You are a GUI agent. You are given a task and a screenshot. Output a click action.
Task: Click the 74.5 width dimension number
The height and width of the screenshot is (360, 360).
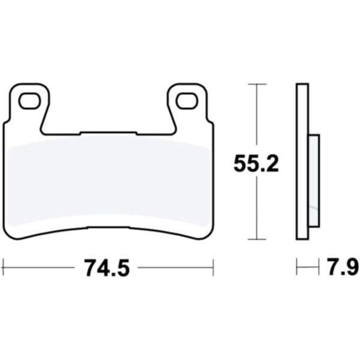pyautogui.click(x=107, y=268)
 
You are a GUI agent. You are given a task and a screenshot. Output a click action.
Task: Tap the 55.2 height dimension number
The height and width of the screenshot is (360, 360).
pyautogui.click(x=256, y=163)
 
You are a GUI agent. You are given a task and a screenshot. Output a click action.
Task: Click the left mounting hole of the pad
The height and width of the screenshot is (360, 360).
pyautogui.click(x=29, y=101)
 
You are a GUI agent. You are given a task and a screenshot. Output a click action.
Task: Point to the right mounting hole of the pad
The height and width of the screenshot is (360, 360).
pyautogui.click(x=187, y=101)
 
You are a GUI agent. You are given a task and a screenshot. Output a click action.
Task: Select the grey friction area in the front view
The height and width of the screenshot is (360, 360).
pyautogui.click(x=109, y=181)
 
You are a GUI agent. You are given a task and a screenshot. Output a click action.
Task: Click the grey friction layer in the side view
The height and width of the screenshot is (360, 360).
pyautogui.click(x=314, y=181)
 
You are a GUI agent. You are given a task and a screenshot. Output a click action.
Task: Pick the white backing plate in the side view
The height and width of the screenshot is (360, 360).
pyautogui.click(x=302, y=161)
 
